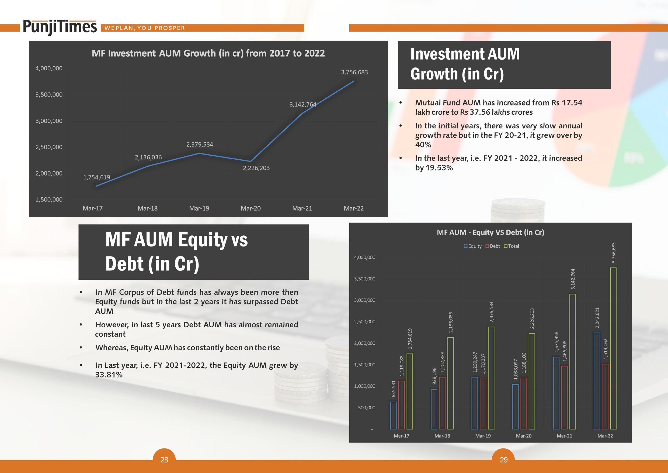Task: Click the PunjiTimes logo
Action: [x=60, y=27]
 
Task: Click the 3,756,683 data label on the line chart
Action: [x=354, y=72]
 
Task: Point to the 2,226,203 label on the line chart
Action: [x=256, y=168]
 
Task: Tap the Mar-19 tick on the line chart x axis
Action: [x=199, y=208]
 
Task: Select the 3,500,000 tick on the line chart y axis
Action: [x=49, y=95]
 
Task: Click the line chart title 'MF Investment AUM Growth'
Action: [x=208, y=53]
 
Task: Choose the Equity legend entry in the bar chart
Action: [x=473, y=246]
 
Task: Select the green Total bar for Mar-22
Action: [x=613, y=348]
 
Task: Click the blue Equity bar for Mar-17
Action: [x=393, y=416]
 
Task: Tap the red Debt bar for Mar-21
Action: [x=564, y=397]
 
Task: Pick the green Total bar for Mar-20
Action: [x=532, y=381]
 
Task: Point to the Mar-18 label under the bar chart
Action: [x=442, y=436]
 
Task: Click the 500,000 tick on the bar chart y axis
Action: [x=367, y=408]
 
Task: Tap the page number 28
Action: [x=164, y=460]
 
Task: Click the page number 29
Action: [x=504, y=460]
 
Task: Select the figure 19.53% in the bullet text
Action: [x=439, y=168]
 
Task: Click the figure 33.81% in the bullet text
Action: [x=109, y=375]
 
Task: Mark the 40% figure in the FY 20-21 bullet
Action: [x=423, y=145]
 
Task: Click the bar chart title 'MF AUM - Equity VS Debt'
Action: [x=490, y=232]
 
